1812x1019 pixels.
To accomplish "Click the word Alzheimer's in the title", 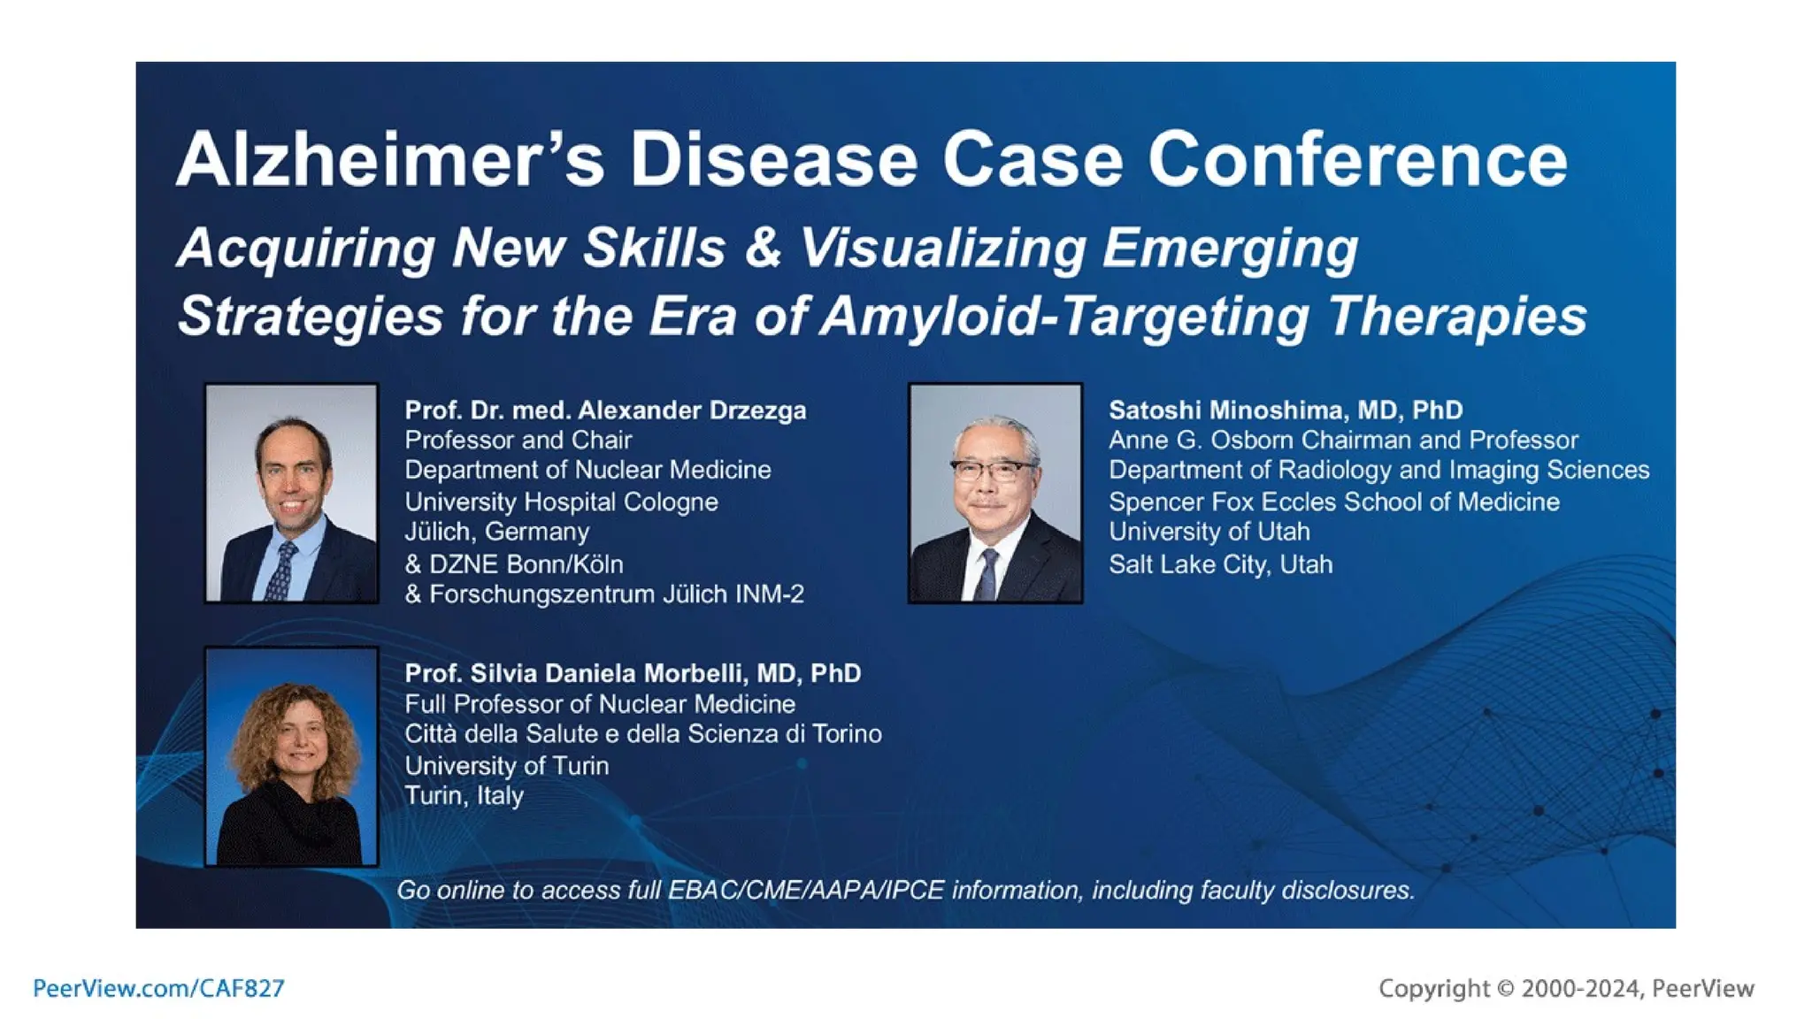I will pyautogui.click(x=389, y=160).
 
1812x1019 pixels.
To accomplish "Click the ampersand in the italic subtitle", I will pyautogui.click(x=763, y=248).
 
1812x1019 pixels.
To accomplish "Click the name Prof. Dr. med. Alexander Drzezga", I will pyautogui.click(x=605, y=410).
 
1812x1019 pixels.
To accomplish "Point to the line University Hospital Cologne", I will pyautogui.click(x=561, y=502).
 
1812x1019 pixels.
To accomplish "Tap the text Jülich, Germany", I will pyautogui.click(x=496, y=532).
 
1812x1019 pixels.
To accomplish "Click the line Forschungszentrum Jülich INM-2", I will pyautogui.click(x=617, y=594).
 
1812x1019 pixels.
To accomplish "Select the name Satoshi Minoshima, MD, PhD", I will pyautogui.click(x=1285, y=410).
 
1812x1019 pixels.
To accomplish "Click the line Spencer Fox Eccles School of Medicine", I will pyautogui.click(x=1333, y=502).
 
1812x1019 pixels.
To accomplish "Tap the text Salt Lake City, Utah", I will pyautogui.click(x=1220, y=564).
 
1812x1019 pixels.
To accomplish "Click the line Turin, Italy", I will pyautogui.click(x=464, y=795).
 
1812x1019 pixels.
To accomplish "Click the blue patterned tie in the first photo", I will pyautogui.click(x=281, y=571).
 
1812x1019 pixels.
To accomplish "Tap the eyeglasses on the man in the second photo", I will pyautogui.click(x=993, y=470).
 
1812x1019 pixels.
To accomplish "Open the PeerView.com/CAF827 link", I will pyautogui.click(x=158, y=988).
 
